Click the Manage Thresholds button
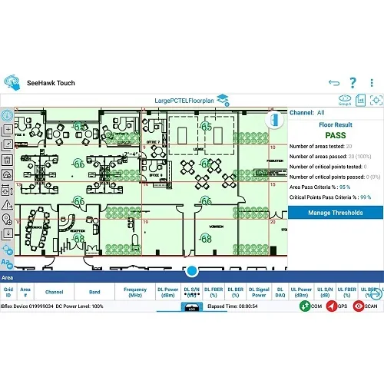pos(335,213)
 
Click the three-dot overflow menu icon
pos(372,82)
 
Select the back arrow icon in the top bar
pos(333,82)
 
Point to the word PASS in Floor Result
pos(335,136)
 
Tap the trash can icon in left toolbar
pos(8,160)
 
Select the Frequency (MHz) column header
pos(135,292)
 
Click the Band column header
pos(95,292)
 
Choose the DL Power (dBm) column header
pos(167,292)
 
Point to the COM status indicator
pos(310,306)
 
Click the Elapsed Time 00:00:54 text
pos(233,306)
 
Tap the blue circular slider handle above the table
pos(192,271)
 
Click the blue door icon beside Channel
pos(274,121)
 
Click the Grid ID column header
pos(8,292)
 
